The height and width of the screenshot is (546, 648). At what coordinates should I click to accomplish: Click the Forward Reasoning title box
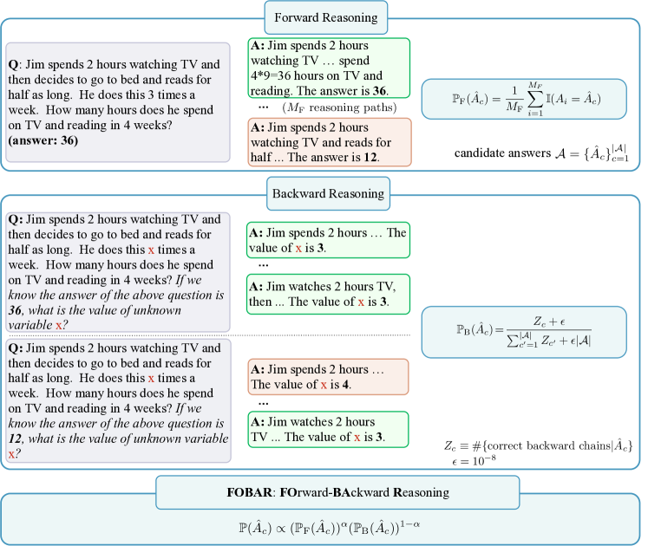(x=325, y=18)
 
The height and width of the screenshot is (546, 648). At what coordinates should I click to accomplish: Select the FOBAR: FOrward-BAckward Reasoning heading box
(x=325, y=492)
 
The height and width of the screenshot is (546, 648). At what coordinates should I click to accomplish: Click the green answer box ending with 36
(x=328, y=68)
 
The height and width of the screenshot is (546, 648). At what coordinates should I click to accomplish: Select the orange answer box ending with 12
(x=328, y=142)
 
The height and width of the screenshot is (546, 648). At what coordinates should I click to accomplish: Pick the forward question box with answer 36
(x=118, y=101)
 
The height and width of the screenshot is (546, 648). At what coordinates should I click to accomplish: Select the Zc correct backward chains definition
(x=538, y=445)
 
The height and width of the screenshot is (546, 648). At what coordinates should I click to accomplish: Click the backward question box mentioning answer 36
(x=118, y=271)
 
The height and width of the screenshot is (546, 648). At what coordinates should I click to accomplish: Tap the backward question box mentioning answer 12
(x=118, y=400)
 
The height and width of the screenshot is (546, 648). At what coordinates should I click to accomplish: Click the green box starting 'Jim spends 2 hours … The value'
(x=328, y=240)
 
